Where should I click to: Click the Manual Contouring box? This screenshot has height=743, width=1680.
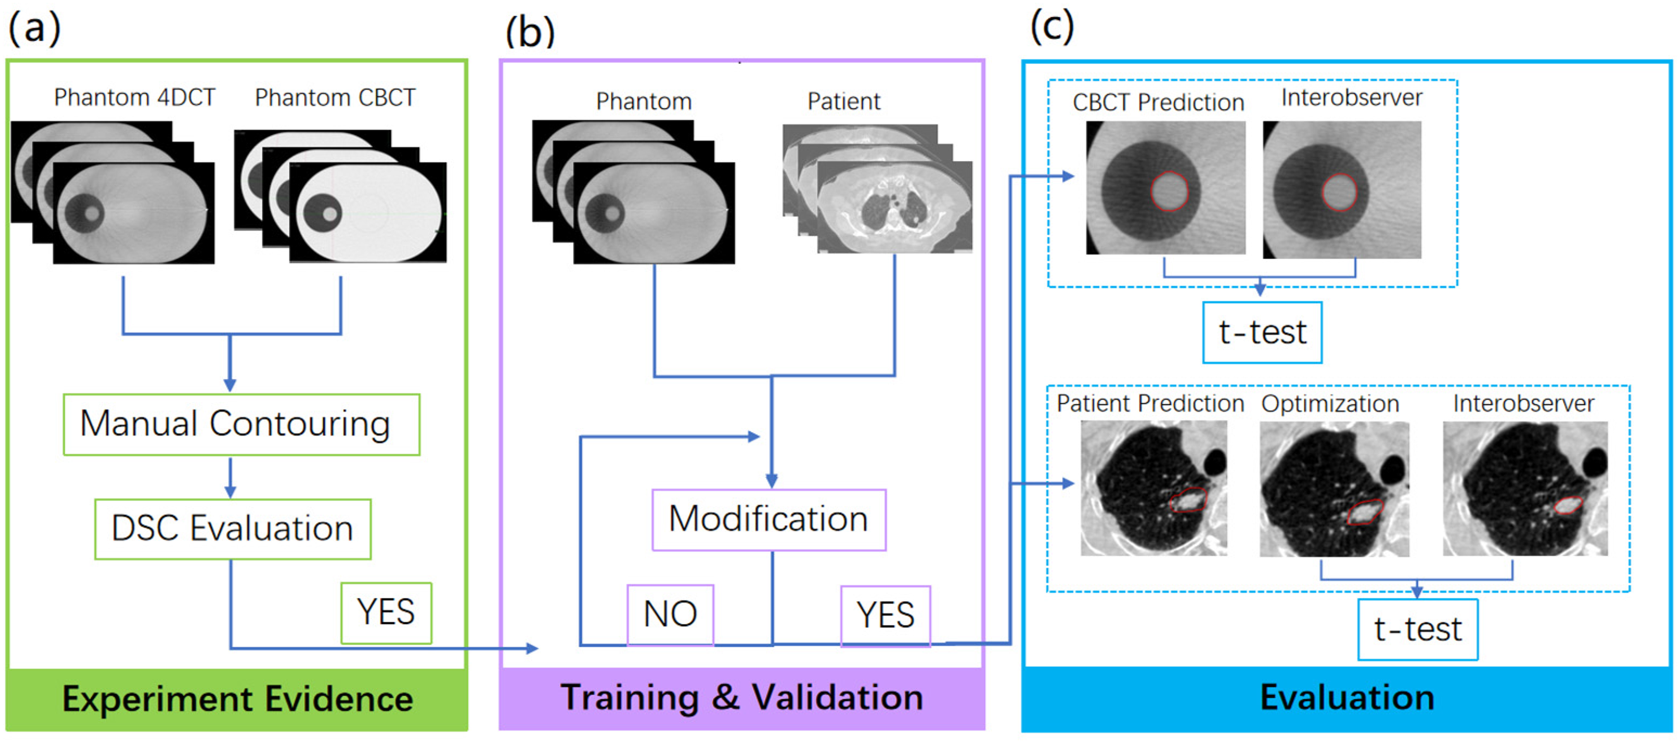(241, 424)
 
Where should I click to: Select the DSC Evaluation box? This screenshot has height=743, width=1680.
(233, 529)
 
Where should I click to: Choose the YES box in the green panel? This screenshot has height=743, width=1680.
(386, 613)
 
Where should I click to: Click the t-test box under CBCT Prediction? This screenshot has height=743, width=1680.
(1262, 332)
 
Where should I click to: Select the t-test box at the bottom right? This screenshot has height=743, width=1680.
(1418, 630)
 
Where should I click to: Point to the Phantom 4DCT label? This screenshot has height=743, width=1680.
(134, 98)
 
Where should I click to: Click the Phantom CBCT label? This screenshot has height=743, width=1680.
(335, 98)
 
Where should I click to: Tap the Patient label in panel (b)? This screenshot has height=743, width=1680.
(844, 102)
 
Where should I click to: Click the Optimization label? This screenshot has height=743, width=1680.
(1330, 404)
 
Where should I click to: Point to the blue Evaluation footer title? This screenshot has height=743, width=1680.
(1347, 697)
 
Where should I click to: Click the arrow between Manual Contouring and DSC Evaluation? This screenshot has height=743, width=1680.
(230, 478)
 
